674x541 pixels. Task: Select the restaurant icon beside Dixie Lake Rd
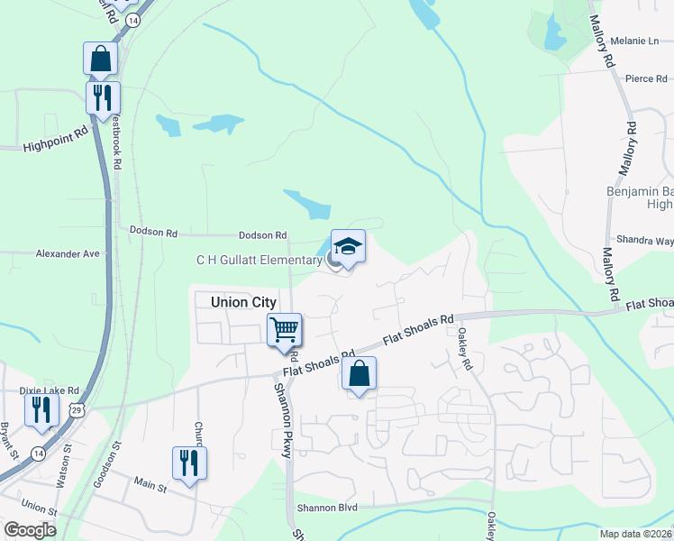(41, 408)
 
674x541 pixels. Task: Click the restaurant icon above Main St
(189, 463)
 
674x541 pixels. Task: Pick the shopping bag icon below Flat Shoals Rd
(359, 374)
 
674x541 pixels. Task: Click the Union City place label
(243, 303)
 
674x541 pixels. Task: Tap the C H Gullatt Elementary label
(260, 261)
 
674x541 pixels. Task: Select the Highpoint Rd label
(56, 137)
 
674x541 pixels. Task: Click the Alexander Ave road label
(68, 254)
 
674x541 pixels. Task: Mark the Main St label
(150, 488)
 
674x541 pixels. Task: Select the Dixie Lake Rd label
(50, 390)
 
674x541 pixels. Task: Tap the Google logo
(31, 530)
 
